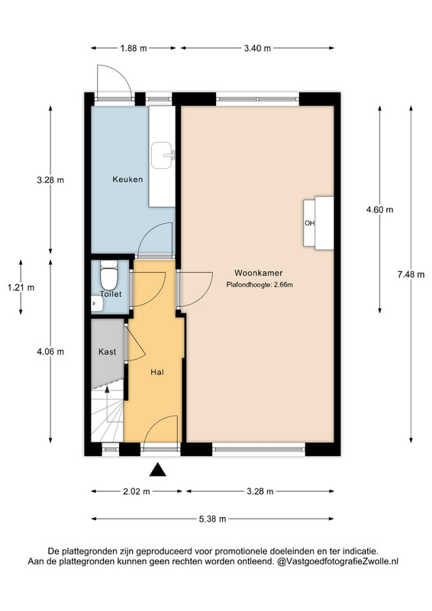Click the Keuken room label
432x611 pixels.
coord(127,179)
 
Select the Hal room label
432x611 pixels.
coord(157,372)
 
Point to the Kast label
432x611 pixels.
coord(107,352)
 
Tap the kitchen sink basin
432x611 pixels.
coord(163,156)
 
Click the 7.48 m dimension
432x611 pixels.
coord(411,274)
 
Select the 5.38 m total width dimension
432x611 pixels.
coord(212,519)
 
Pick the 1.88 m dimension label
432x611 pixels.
coord(134,48)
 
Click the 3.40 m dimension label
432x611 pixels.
coord(257,48)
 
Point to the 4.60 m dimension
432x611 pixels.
coord(379,209)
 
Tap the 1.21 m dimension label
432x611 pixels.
coord(21,288)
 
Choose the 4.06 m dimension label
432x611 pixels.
coord(50,351)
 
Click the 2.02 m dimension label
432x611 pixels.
coord(137,491)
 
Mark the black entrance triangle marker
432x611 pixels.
coord(158,470)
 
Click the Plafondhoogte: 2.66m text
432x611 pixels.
coord(260,285)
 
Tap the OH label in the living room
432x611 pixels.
coord(309,223)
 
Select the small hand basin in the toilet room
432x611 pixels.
coord(96,303)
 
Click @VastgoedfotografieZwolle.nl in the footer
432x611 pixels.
coord(337,561)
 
